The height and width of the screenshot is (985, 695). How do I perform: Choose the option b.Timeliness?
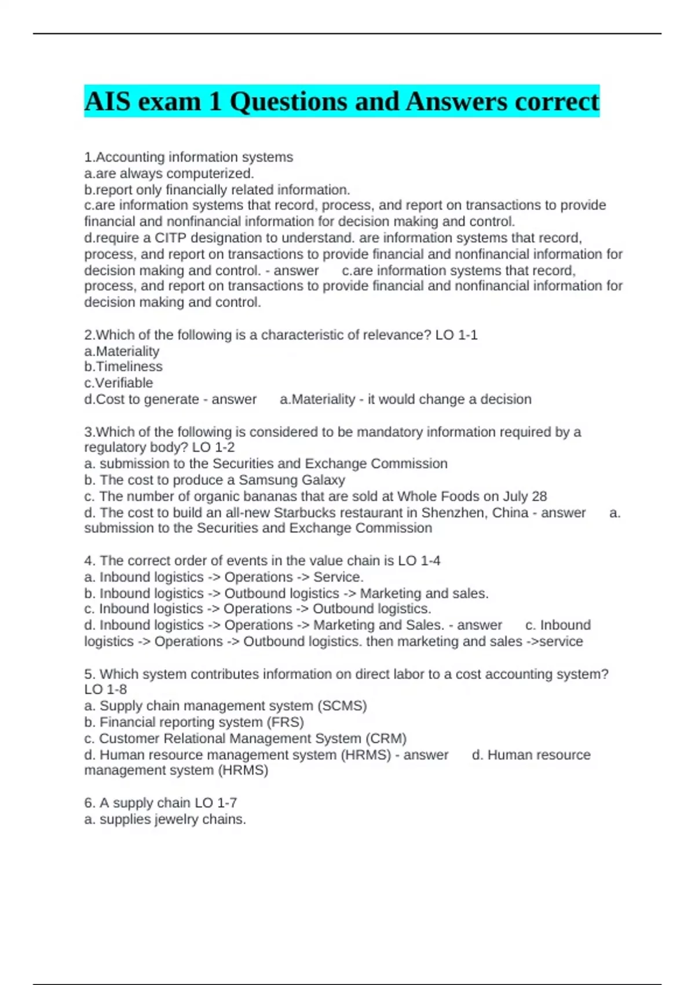pyautogui.click(x=123, y=367)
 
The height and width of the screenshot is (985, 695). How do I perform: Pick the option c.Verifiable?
pyautogui.click(x=119, y=383)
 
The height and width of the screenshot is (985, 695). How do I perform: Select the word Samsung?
pyautogui.click(x=265, y=480)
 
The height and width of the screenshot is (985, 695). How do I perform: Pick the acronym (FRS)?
pyautogui.click(x=285, y=722)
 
